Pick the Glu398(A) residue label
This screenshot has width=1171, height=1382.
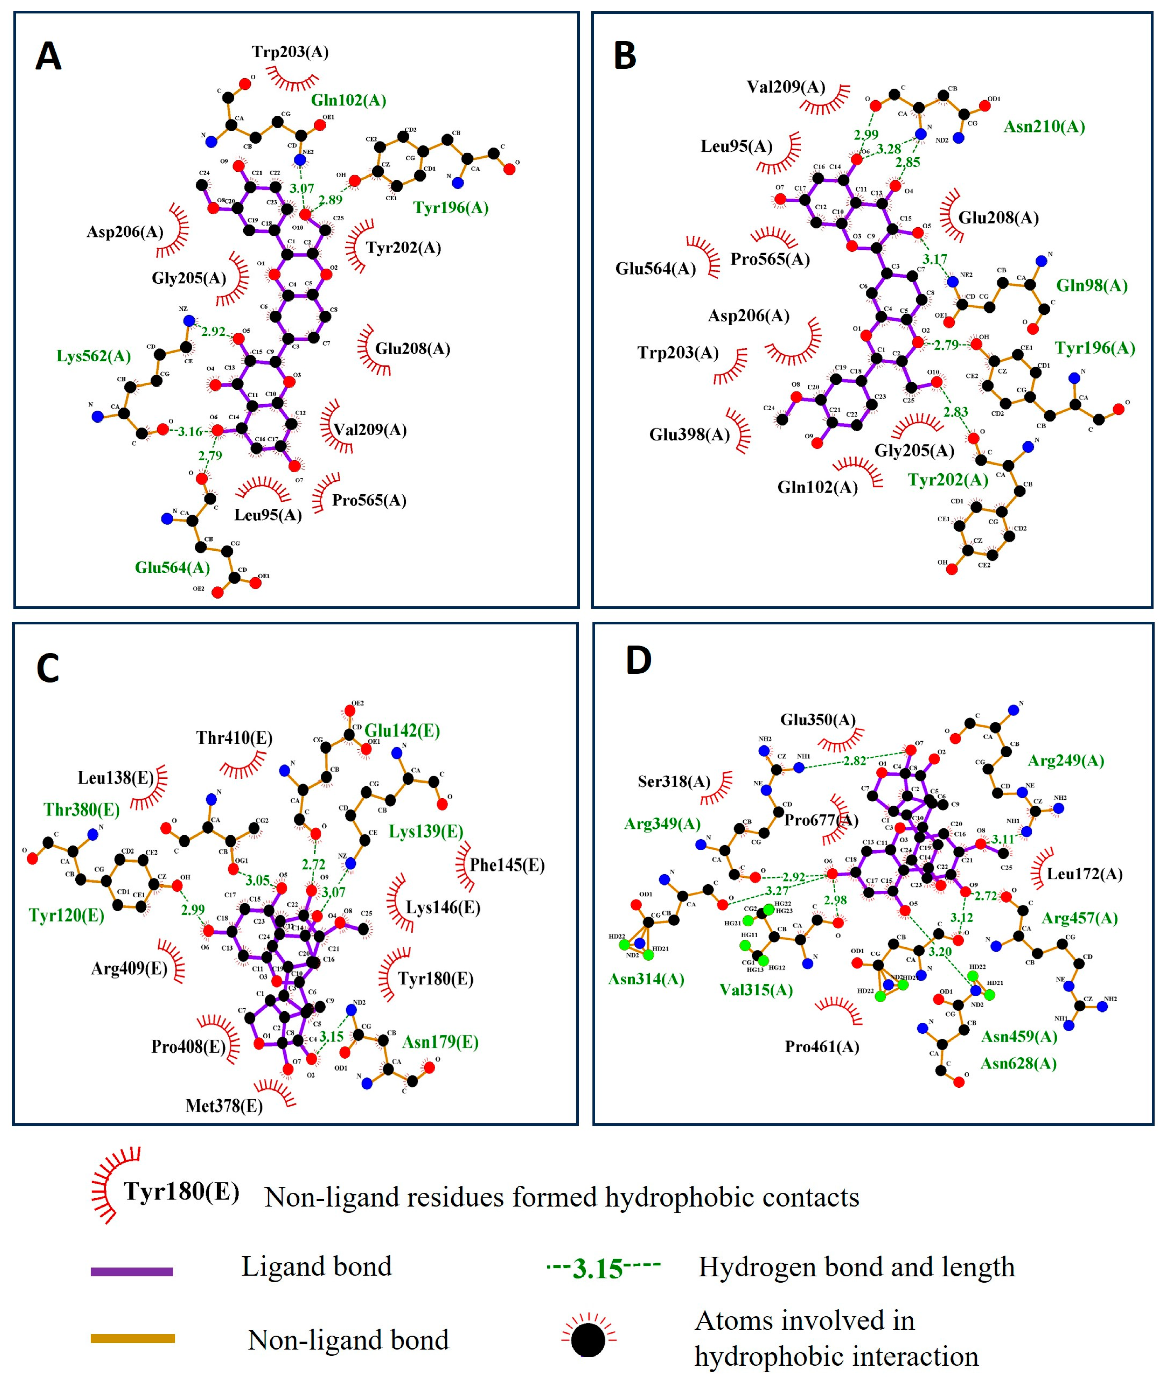(689, 435)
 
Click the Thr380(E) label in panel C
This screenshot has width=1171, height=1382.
(82, 810)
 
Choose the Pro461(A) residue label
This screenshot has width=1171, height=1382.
(822, 1047)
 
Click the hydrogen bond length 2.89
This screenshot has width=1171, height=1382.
(330, 200)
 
